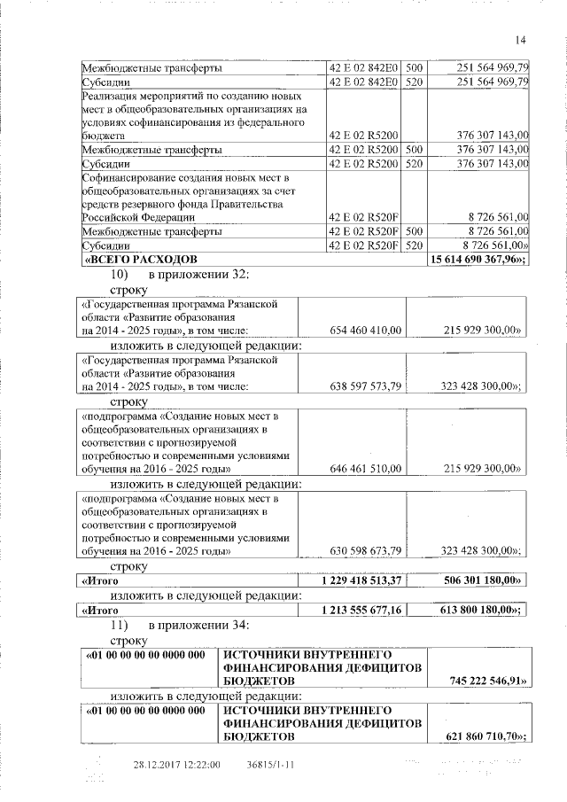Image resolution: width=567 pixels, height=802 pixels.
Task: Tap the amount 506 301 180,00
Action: [x=479, y=580]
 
